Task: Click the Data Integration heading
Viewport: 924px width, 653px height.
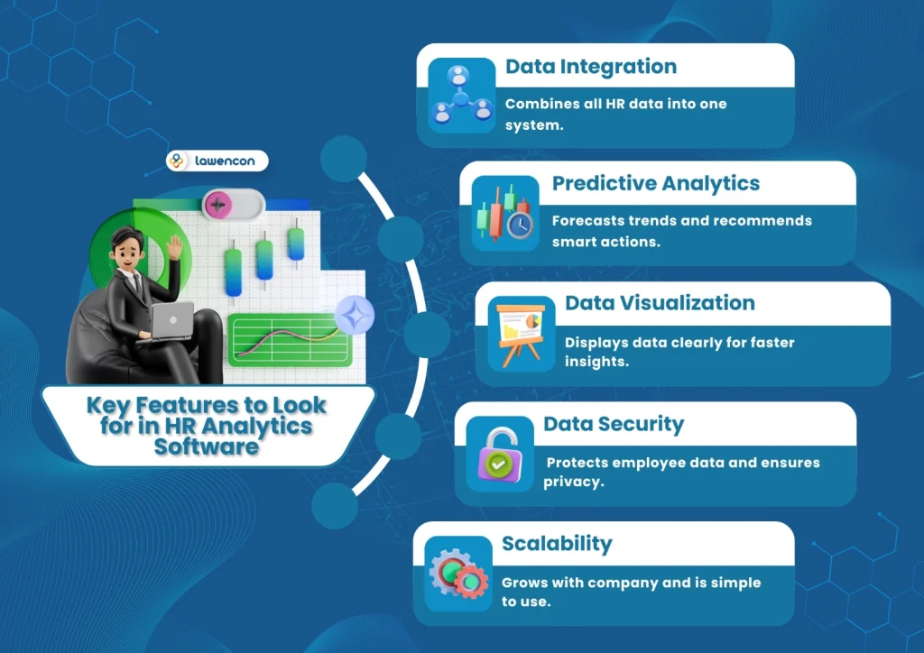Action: click(590, 67)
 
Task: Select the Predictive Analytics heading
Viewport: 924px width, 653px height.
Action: click(656, 184)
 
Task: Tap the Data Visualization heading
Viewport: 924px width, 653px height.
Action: click(660, 303)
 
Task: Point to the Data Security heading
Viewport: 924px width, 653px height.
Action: click(614, 424)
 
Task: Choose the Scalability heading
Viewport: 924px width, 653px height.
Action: click(557, 544)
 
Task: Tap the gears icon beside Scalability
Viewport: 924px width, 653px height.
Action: click(458, 577)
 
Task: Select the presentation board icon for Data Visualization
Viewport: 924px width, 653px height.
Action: click(522, 334)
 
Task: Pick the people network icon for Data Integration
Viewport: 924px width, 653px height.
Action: click(460, 97)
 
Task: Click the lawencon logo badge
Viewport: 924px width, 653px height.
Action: click(217, 161)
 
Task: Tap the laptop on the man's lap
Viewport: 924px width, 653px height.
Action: click(171, 321)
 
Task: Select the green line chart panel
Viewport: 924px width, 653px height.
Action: click(289, 339)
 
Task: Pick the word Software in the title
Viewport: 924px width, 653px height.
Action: click(207, 446)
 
